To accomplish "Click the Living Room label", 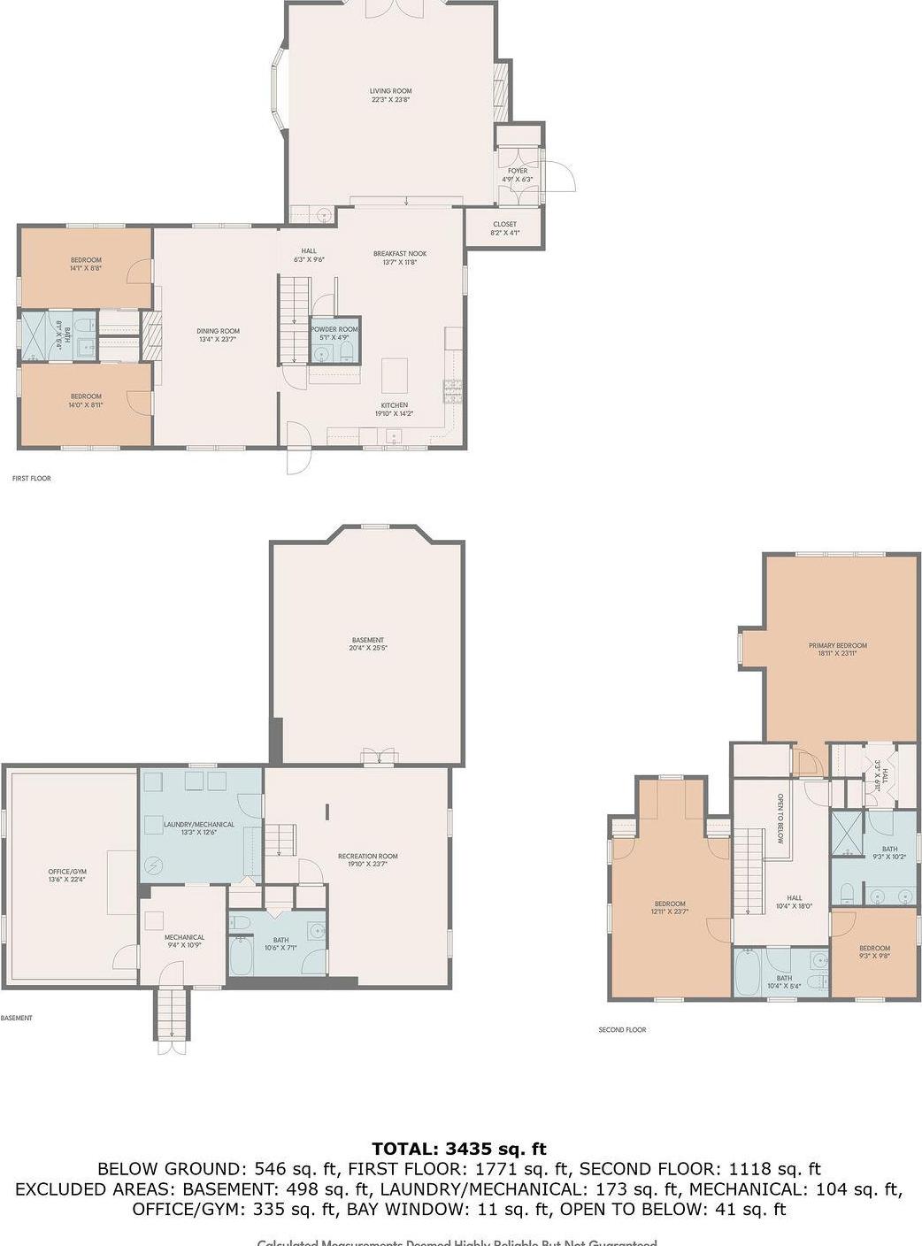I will pyautogui.click(x=390, y=95).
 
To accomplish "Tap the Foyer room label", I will pyautogui.click(x=517, y=174).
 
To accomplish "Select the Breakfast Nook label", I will pyautogui.click(x=399, y=258).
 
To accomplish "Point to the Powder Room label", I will pyautogui.click(x=334, y=333).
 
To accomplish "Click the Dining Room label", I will pyautogui.click(x=218, y=335).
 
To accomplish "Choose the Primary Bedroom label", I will pyautogui.click(x=837, y=650).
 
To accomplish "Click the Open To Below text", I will pyautogui.click(x=780, y=819).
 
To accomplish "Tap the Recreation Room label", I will pyautogui.click(x=367, y=859).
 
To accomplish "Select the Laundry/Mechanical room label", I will pyautogui.click(x=199, y=828).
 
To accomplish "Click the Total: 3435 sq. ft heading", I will pyautogui.click(x=459, y=1150).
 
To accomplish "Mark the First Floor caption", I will pyautogui.click(x=31, y=479).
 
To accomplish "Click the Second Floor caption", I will pyautogui.click(x=622, y=1030).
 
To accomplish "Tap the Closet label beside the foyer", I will pyautogui.click(x=504, y=228).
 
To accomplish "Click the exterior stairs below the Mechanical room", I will pyautogui.click(x=173, y=1014).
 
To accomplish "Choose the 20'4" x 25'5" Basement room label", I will pyautogui.click(x=367, y=644).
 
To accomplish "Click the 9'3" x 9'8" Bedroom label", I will pyautogui.click(x=874, y=952).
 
